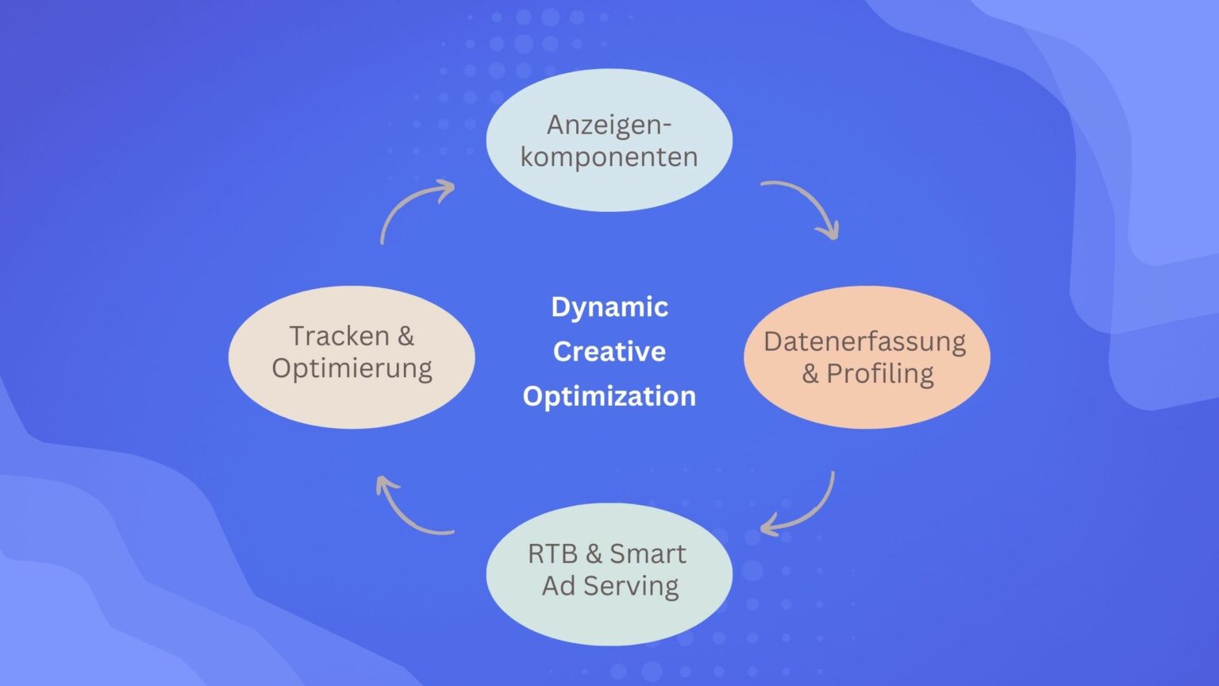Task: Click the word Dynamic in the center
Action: [x=609, y=307]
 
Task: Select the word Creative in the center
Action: [x=609, y=351]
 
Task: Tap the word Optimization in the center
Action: [x=609, y=395]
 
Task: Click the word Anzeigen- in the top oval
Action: [x=609, y=125]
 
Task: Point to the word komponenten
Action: [x=609, y=157]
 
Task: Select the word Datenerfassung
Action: [x=865, y=341]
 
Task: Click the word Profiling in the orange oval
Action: [x=880, y=374]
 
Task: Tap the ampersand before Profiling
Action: [x=810, y=373]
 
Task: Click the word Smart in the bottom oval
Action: [x=648, y=553]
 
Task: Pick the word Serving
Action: [x=631, y=586]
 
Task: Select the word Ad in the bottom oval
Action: [x=559, y=586]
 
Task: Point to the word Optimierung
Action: [x=352, y=368]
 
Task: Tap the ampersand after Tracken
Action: [x=406, y=336]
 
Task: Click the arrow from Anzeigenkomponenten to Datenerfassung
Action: [x=806, y=203]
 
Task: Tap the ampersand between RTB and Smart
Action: [x=594, y=553]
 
